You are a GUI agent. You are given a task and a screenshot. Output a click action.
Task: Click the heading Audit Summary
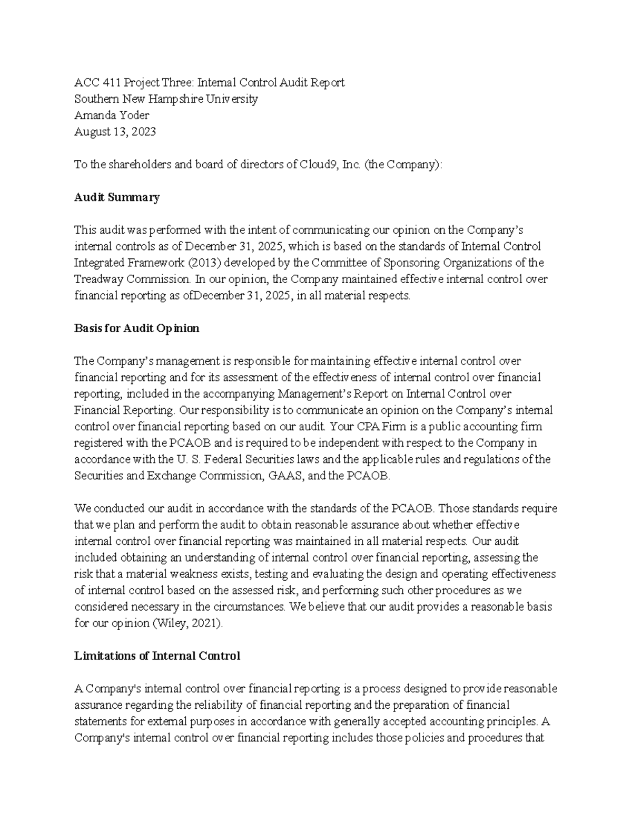(116, 197)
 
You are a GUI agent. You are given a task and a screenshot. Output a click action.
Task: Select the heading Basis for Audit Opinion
(136, 328)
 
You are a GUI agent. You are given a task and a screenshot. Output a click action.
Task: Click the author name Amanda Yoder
(112, 115)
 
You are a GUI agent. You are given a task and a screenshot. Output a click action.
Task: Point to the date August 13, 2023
(115, 131)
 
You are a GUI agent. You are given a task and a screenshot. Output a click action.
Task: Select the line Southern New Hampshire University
(166, 99)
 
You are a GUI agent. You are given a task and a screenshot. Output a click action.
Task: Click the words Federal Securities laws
(262, 459)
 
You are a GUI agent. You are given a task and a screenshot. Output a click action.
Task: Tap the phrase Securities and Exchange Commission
(168, 475)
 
